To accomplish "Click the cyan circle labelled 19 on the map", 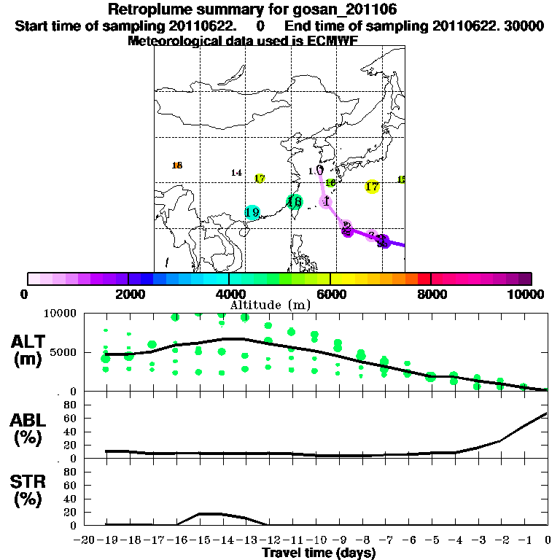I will click(x=252, y=212).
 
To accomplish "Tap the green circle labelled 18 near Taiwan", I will click(x=294, y=203).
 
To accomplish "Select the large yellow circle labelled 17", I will click(x=372, y=187).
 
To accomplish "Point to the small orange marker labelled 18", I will click(x=177, y=166).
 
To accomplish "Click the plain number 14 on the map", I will click(x=236, y=173).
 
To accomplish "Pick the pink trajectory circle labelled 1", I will click(x=327, y=201).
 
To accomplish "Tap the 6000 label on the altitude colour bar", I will click(x=330, y=295).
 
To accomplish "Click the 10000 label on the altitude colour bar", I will click(x=526, y=295).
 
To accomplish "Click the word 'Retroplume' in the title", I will click(x=146, y=10).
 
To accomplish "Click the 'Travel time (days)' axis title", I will click(x=319, y=553).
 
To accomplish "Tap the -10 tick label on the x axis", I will click(x=315, y=541).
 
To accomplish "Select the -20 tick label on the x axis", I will click(x=83, y=541).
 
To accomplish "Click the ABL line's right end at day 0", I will click(x=547, y=413).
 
